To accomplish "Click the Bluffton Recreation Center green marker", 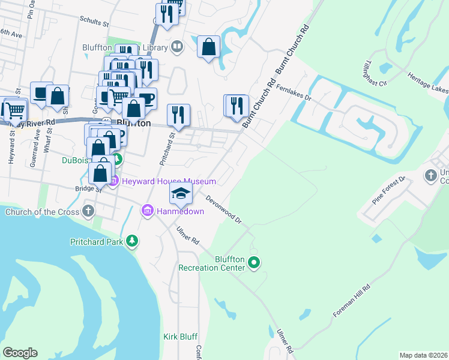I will point(254,262).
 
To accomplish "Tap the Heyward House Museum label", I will point(169,181).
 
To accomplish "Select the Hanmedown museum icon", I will point(147,211).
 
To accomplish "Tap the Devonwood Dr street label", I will point(223,209).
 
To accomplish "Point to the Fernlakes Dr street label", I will point(295,92).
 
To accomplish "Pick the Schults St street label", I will point(94,21).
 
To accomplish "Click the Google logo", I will point(20,353).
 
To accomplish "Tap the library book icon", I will point(177,46).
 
